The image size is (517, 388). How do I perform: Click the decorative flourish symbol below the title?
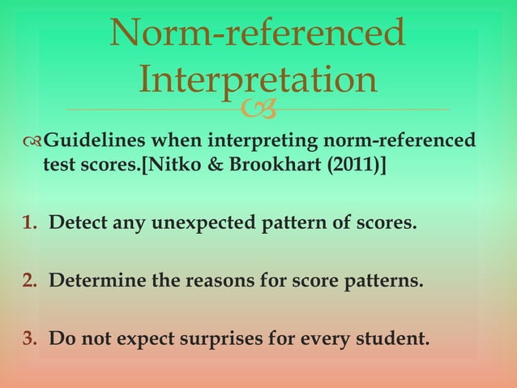coord(267,109)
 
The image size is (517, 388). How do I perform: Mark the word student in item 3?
coord(392,337)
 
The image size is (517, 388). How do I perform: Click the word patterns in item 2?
coord(387,282)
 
